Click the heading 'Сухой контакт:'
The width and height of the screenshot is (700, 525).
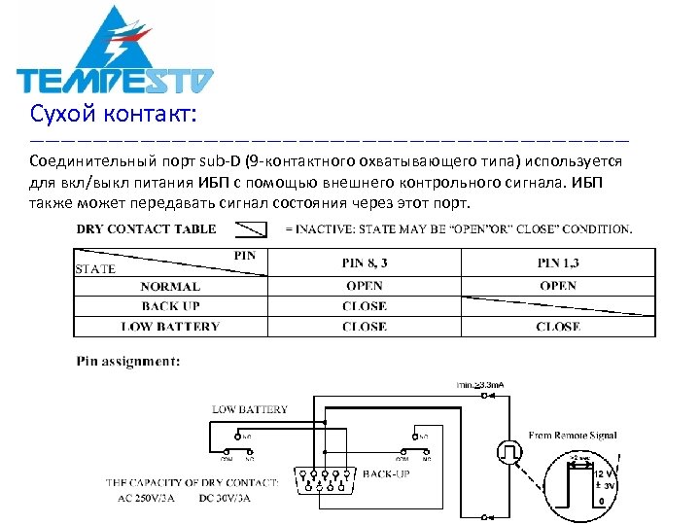pos(114,116)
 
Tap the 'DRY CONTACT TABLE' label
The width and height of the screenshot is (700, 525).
pos(147,229)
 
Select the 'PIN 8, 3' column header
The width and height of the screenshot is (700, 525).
pos(365,262)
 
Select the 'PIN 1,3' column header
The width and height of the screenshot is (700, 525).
pos(558,262)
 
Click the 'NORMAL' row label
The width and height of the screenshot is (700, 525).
pos(170,287)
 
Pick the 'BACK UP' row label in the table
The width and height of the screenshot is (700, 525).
pos(170,306)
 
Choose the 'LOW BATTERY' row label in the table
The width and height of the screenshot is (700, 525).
pos(170,327)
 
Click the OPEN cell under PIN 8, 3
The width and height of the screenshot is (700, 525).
pos(365,287)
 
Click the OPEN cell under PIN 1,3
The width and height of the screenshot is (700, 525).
pos(558,287)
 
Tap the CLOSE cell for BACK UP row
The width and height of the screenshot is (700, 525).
pos(365,306)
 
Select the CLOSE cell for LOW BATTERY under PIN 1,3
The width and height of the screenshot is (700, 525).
pos(558,327)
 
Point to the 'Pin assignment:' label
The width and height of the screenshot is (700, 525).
pos(128,362)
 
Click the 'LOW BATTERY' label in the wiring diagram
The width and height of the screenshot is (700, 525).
pos(250,409)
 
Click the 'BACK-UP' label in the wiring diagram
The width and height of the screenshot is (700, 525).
pos(386,473)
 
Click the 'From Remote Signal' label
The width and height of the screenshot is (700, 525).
pos(573,436)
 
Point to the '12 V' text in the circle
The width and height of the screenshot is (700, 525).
pos(605,473)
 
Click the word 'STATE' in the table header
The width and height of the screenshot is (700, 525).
pos(95,269)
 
